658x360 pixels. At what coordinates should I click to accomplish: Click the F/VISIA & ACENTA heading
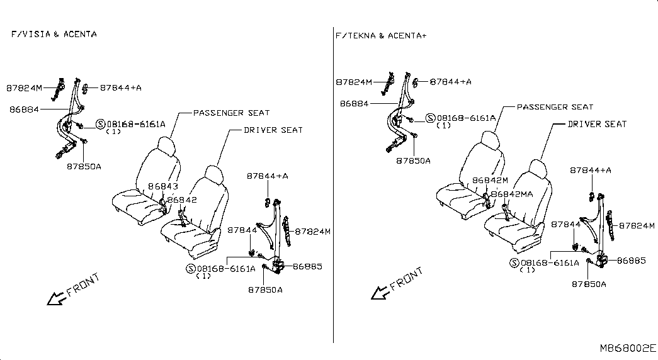54,34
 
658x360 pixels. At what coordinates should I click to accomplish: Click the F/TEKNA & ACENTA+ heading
381,36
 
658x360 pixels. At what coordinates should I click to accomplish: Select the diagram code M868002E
628,348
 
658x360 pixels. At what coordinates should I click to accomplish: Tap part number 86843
163,186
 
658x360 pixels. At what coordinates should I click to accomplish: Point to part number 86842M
490,181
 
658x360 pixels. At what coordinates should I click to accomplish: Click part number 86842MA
512,194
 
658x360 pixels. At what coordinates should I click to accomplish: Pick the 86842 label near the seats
182,200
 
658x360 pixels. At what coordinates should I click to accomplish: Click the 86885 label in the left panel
308,266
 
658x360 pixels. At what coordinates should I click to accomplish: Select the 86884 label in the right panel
354,103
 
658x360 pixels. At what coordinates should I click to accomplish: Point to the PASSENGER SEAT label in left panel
231,113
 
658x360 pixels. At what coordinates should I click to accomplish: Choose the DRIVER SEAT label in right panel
597,124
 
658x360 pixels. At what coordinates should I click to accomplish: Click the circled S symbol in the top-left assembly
101,124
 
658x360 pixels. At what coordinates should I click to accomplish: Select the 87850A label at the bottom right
589,284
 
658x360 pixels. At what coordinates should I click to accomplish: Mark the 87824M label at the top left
25,88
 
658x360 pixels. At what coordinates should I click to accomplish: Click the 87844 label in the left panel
242,230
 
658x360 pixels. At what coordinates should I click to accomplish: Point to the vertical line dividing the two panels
333,184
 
